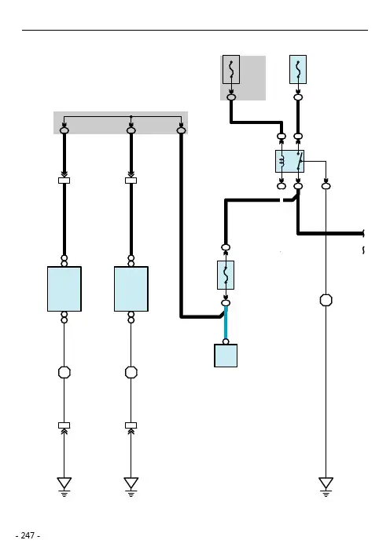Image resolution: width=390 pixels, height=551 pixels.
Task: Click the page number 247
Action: pos(28,535)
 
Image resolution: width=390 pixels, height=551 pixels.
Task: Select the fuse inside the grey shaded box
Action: pos(231,70)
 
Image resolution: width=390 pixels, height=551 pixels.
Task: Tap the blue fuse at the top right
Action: pos(298,70)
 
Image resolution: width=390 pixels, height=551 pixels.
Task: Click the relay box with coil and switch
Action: pos(289,161)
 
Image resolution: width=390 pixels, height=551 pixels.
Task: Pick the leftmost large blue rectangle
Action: pos(64,289)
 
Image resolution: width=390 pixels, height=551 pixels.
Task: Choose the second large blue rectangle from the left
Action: pos(131,289)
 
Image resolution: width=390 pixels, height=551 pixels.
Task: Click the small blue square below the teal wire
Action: pos(226,356)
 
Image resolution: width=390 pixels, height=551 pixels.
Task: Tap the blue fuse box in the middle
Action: pos(226,275)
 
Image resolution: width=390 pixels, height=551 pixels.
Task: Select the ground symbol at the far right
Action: pos(326,486)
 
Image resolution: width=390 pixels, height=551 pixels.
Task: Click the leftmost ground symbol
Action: pos(64,486)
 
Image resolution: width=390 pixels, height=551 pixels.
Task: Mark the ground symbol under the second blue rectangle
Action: pos(131,486)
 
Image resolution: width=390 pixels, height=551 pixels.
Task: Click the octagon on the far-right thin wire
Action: pos(326,300)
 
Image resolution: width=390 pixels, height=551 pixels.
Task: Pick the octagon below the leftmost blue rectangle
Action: pos(64,372)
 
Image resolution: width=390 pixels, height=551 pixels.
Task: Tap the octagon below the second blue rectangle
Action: pos(131,372)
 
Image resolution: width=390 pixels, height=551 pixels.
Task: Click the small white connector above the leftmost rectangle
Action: pos(64,181)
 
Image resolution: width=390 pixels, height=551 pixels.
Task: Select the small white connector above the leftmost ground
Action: pos(64,425)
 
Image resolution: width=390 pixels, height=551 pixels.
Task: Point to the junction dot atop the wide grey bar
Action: pos(131,116)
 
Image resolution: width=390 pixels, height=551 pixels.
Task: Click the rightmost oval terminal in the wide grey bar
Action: pos(181,131)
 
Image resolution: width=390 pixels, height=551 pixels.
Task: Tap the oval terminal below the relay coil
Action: pos(281,186)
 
